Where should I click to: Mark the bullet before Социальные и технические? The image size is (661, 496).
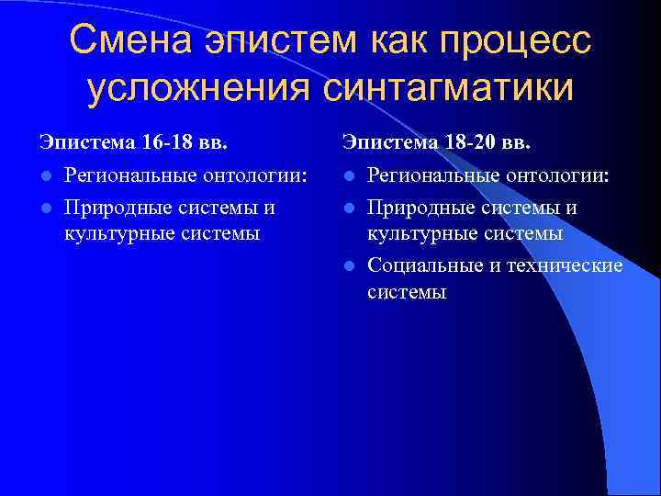(349, 266)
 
